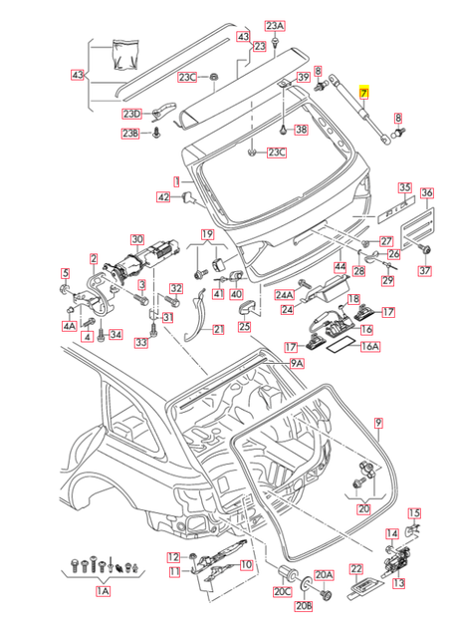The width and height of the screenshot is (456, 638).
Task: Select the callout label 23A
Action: coord(274,25)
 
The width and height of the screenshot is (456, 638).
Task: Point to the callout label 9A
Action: coord(297,366)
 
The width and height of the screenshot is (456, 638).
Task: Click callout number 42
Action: coord(163,197)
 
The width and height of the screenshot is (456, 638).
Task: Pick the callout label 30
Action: coord(137,240)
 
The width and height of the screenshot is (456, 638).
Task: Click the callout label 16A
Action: coord(371,348)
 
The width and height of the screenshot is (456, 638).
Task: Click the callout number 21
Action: coord(218,330)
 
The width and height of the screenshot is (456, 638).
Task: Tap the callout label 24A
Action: coord(283,296)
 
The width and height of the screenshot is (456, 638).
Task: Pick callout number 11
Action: coord(173,572)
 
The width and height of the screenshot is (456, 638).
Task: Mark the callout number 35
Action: coord(404,187)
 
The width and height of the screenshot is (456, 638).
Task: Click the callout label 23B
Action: coord(130,133)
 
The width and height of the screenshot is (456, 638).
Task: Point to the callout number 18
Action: coord(353,299)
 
